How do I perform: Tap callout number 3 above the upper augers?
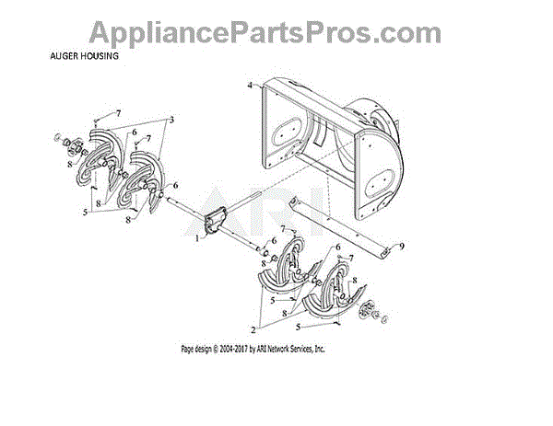point(172,121)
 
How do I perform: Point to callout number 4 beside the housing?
point(249,86)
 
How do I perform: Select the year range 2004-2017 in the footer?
point(241,350)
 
